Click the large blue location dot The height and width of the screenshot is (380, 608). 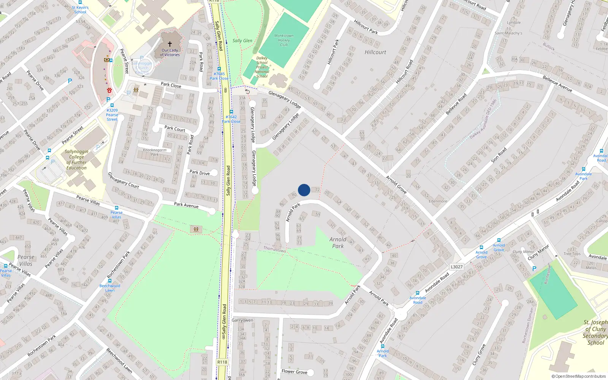(304, 190)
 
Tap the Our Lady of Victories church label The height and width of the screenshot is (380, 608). (170, 52)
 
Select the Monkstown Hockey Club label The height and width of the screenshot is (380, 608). (284, 40)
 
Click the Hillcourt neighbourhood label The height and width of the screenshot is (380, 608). (375, 52)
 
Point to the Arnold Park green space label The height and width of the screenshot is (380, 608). (338, 242)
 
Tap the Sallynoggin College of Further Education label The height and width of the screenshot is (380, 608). (76, 160)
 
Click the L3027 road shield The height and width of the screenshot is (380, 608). (456, 267)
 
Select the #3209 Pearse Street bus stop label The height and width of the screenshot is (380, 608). (112, 115)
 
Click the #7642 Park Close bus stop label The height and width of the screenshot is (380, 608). (231, 119)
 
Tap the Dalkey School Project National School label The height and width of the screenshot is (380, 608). (262, 67)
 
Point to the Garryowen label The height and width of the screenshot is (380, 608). (242, 320)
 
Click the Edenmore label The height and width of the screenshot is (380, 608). (438, 201)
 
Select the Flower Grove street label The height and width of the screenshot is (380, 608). (294, 372)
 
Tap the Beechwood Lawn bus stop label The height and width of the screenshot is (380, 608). (110, 288)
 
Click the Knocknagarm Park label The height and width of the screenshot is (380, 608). (155, 152)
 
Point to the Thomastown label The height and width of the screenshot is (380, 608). (275, 249)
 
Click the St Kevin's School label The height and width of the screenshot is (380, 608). (80, 9)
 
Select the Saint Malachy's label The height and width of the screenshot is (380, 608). (508, 33)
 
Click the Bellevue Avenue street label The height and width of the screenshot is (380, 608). (557, 84)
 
